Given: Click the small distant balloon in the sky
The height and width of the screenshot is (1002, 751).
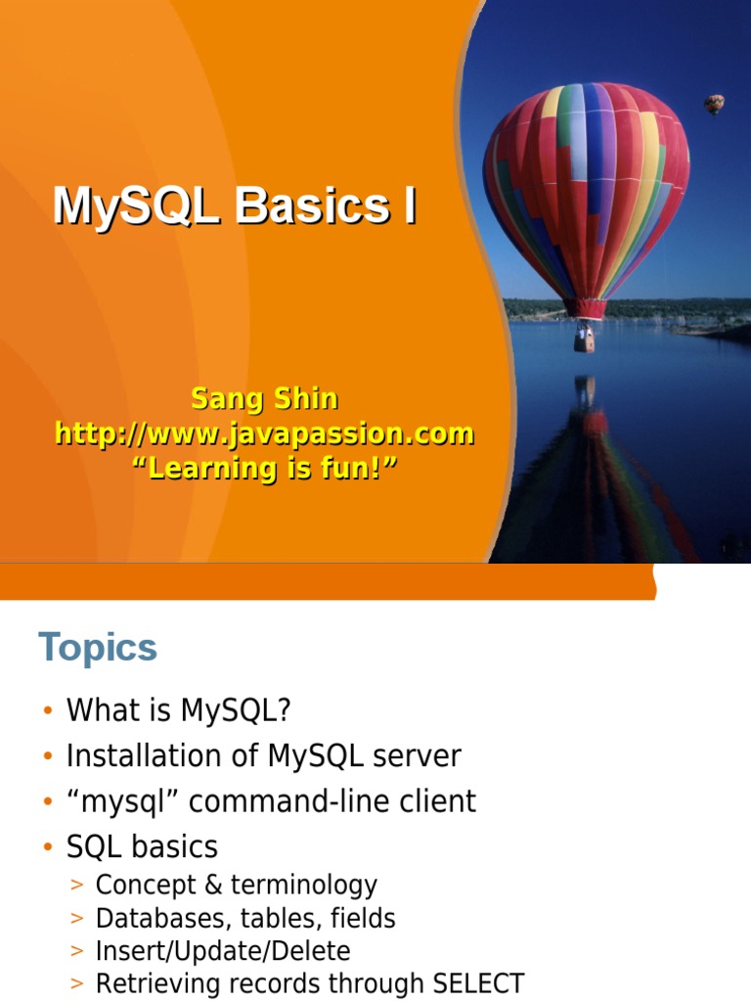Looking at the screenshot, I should click(x=715, y=103).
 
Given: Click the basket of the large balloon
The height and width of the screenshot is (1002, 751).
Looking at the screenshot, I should click(x=584, y=338).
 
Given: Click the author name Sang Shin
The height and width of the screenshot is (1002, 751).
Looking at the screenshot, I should click(x=264, y=399).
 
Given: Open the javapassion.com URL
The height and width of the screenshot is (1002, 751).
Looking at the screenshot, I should click(x=264, y=433).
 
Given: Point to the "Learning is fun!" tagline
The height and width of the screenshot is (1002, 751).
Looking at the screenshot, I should click(x=265, y=468).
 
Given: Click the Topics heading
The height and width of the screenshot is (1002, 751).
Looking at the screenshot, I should click(x=98, y=648).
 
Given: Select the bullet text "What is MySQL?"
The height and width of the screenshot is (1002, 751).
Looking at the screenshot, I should click(x=179, y=710).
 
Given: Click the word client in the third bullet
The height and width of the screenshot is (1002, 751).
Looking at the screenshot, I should click(x=437, y=801).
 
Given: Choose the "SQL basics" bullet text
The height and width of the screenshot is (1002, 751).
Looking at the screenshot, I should click(x=142, y=846).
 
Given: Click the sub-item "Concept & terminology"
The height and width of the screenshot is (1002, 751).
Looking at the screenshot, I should click(x=236, y=886).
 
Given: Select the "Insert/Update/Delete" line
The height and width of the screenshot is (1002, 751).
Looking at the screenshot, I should click(x=222, y=951).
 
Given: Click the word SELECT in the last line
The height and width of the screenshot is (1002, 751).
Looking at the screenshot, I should click(x=478, y=983).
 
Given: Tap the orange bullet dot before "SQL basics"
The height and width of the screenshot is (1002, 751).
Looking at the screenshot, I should click(x=47, y=847).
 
